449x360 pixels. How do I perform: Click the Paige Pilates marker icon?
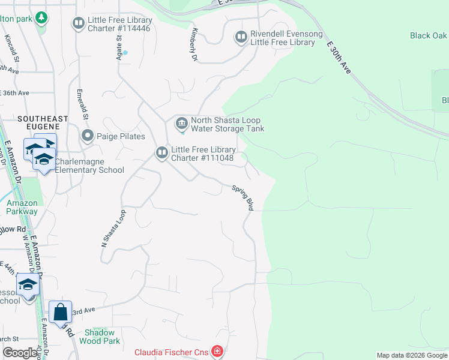(88, 136)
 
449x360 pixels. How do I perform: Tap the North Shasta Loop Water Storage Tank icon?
(181, 124)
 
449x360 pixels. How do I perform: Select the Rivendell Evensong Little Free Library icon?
(241, 38)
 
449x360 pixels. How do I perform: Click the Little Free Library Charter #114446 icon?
(78, 23)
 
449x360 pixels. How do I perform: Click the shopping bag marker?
(60, 312)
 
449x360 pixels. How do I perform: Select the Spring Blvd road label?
(243, 197)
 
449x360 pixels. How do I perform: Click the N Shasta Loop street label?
(113, 229)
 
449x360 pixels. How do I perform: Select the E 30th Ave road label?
(339, 58)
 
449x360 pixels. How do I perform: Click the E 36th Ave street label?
(14, 93)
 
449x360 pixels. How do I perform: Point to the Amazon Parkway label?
(22, 207)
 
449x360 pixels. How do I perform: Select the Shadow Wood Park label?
(103, 337)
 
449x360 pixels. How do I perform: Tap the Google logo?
(20, 353)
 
